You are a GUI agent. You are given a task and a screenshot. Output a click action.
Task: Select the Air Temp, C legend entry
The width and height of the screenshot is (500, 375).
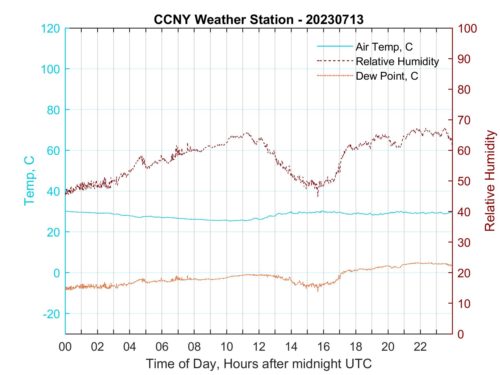point(384,47)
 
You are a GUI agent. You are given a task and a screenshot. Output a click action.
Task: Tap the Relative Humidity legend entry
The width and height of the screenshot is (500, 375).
point(397,61)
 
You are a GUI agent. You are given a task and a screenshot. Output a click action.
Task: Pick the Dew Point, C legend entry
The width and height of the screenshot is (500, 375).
point(387,76)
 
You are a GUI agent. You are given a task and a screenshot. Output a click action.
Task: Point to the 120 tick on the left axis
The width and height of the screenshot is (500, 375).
point(51,29)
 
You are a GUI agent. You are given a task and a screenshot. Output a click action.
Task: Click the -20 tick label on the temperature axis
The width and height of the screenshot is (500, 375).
point(51,314)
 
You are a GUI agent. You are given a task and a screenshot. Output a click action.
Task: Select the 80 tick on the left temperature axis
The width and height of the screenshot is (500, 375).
point(53,110)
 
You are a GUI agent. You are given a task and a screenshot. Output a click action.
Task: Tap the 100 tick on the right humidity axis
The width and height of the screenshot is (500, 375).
point(467,29)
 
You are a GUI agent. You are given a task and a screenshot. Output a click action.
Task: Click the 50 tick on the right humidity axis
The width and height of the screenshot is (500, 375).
point(464,181)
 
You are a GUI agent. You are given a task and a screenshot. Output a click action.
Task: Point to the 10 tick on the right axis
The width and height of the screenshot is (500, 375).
point(464,304)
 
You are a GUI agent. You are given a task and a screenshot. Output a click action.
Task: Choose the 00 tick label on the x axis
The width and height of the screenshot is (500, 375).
point(65,347)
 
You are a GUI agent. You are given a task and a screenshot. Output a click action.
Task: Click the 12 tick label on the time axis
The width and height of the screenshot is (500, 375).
point(259,347)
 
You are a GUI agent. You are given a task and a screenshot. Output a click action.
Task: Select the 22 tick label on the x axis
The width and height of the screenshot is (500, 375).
point(420,347)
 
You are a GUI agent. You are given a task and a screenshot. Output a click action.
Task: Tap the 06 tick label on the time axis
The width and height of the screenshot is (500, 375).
point(162,347)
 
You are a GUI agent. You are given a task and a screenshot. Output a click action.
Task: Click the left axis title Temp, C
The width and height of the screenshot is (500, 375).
point(29,181)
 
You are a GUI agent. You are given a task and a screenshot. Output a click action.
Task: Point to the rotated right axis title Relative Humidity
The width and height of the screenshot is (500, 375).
point(490,181)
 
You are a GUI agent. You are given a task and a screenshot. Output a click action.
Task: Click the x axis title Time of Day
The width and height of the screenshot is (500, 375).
point(259,364)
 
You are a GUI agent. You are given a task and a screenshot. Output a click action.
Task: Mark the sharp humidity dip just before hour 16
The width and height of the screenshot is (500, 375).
point(318,196)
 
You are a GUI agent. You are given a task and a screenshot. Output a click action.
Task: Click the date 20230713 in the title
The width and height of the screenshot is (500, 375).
point(334,20)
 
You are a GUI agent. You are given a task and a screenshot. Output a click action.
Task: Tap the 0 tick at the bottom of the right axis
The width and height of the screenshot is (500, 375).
point(461,334)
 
